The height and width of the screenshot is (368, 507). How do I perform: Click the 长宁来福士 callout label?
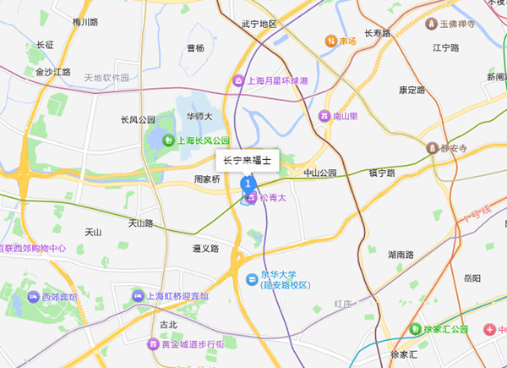(x=247, y=160)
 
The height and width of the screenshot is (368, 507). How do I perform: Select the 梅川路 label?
(x=86, y=22)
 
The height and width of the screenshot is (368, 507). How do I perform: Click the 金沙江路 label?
(x=52, y=73)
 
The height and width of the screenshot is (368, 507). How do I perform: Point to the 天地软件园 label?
(x=106, y=78)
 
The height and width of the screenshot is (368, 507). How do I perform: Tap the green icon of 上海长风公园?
(x=168, y=140)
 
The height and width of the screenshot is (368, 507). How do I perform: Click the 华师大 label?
(x=199, y=116)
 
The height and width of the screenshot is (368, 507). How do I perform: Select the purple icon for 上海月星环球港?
(x=238, y=81)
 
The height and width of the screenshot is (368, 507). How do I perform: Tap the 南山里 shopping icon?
(x=324, y=116)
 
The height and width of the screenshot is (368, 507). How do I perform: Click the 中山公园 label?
(x=319, y=173)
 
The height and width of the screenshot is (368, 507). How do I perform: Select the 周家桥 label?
(x=207, y=179)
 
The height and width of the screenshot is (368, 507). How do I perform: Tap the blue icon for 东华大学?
(x=251, y=279)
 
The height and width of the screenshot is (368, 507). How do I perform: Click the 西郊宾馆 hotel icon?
(x=33, y=297)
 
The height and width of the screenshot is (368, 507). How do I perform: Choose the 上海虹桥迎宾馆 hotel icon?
(x=138, y=295)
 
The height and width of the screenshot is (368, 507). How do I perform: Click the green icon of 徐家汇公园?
(x=415, y=329)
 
